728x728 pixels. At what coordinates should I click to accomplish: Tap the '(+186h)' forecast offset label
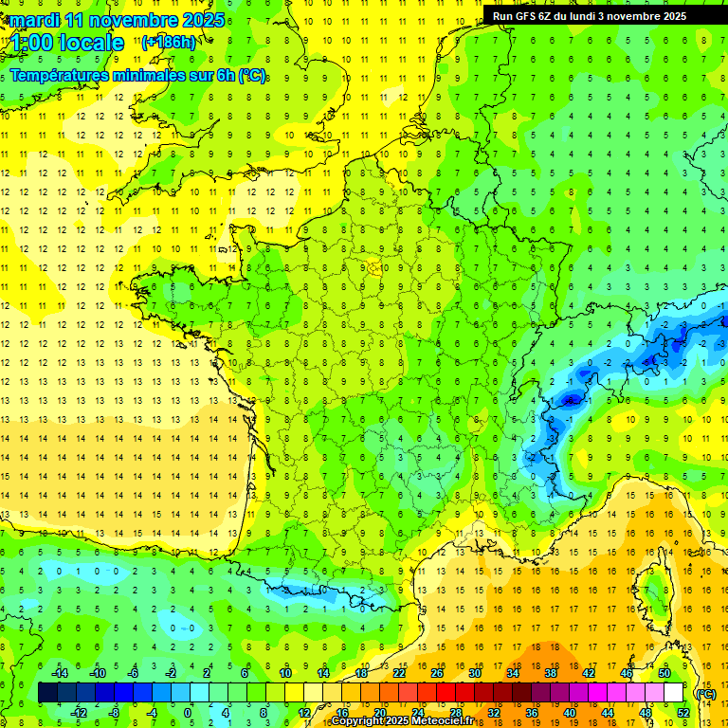[x=169, y=42]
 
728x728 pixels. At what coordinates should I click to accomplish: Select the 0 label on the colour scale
[x=188, y=713]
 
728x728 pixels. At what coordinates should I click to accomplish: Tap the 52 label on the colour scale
[x=683, y=713]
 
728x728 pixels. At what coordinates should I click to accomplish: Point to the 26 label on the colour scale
[x=437, y=673]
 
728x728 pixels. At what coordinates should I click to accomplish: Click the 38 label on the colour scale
[x=550, y=673]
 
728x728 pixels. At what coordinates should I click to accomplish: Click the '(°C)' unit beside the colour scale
[x=705, y=694]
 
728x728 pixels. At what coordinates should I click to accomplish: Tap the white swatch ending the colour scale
[x=674, y=693]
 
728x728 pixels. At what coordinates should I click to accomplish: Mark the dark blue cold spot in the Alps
[x=571, y=400]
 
